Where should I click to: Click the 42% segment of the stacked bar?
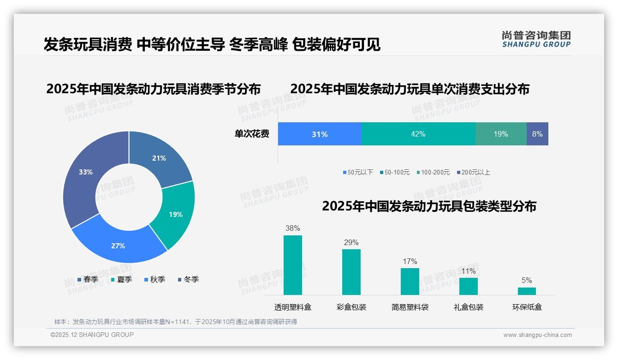coord(418,134)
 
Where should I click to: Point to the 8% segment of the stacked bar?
coord(537,134)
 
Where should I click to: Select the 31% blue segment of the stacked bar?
coord(320,134)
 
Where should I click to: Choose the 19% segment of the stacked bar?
coord(501,134)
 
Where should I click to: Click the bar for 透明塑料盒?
coord(293,265)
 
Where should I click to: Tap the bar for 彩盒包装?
coord(351,272)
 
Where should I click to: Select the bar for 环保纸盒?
coord(527,291)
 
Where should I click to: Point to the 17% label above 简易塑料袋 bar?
coord(410,262)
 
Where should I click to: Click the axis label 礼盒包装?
coord(469,307)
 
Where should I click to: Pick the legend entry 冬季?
coord(191,279)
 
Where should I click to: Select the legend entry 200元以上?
coord(475,172)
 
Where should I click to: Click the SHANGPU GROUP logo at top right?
coord(536,39)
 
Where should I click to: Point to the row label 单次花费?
coord(252,134)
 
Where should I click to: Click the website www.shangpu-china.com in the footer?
coord(537,335)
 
